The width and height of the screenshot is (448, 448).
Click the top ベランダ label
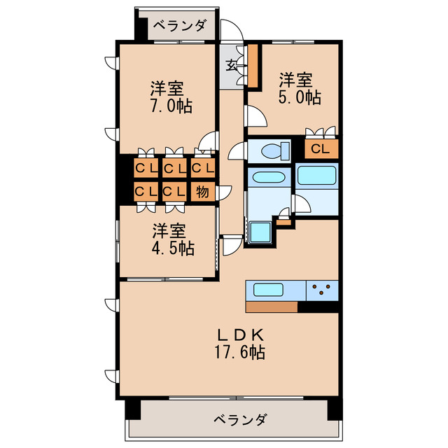pyautogui.click(x=180, y=27)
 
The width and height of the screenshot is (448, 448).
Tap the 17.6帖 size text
pyautogui.click(x=239, y=352)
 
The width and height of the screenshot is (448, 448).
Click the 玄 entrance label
pyautogui.click(x=230, y=65)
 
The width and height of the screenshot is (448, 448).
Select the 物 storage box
pyautogui.click(x=202, y=190)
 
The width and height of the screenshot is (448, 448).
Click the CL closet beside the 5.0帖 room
pyautogui.click(x=321, y=148)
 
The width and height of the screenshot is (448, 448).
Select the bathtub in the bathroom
pyautogui.click(x=317, y=174)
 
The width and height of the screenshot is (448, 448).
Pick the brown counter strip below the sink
pyautogui.click(x=272, y=307)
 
